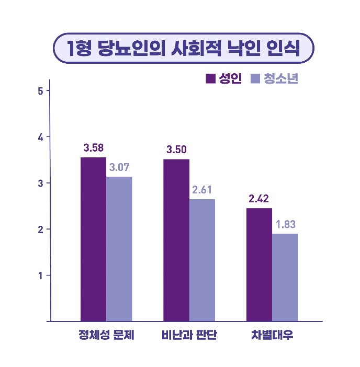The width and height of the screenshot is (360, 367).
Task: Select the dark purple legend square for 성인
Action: pyautogui.click(x=211, y=79)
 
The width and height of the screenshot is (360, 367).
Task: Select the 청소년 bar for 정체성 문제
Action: pyautogui.click(x=119, y=249)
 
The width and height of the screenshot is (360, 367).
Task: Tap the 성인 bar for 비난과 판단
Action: pyautogui.click(x=176, y=240)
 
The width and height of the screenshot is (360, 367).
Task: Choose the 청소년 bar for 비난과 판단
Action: pyautogui.click(x=202, y=260)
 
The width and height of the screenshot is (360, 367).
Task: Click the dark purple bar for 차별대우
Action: pyautogui.click(x=259, y=265)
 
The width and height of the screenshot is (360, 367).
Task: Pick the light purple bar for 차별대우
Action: pyautogui.click(x=285, y=277)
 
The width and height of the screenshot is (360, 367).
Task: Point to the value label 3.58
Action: pyautogui.click(x=93, y=148)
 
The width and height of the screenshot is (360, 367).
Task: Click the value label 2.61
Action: pyautogui.click(x=202, y=190)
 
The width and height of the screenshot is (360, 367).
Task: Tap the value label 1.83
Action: pyautogui.click(x=285, y=224)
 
